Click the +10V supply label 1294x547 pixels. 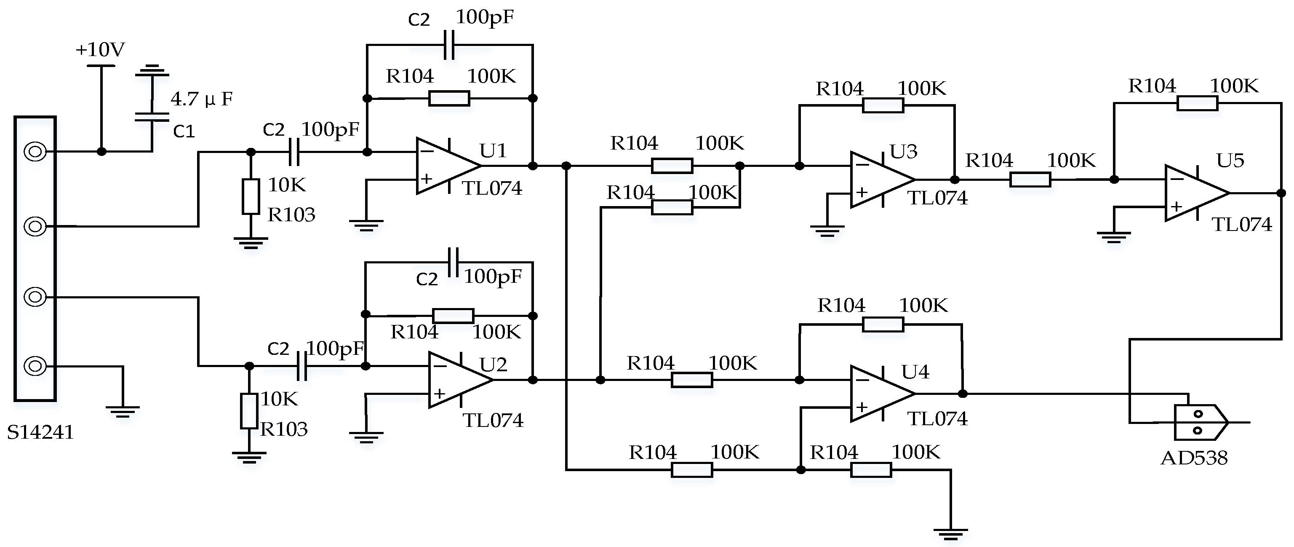pos(100,50)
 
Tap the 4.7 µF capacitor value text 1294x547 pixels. pos(201,99)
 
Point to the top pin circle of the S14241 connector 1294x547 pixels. pos(35,151)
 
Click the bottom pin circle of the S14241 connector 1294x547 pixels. pos(35,365)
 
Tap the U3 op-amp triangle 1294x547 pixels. pos(879,180)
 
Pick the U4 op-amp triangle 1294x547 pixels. pos(879,394)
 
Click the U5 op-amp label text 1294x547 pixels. pos(1230,161)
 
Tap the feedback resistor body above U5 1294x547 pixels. pos(1197,104)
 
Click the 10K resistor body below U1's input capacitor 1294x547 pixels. pos(251,196)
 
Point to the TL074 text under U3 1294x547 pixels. pos(937,198)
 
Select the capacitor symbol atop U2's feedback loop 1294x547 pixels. pos(453,262)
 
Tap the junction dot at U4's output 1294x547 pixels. pos(963,394)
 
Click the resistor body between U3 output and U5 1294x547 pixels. pos(1030,180)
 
